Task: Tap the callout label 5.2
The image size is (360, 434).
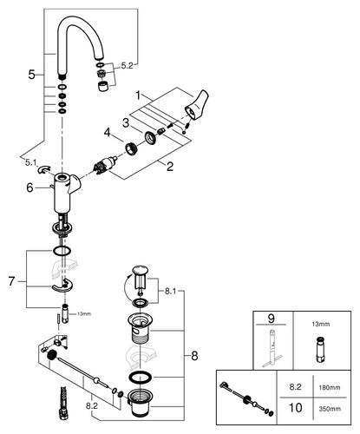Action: coord(127,66)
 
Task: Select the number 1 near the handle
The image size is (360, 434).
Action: coord(138,95)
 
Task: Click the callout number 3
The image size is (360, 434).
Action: coord(125,122)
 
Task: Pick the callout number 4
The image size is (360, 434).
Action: coord(108,133)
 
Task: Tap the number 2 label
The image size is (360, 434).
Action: coord(169,167)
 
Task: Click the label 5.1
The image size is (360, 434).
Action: coord(30,162)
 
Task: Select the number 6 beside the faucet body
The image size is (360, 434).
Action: coord(29,187)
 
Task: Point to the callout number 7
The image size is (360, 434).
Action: coord(11,281)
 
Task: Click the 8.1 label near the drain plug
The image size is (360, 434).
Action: coord(170,292)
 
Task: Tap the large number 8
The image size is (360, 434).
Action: coord(194,356)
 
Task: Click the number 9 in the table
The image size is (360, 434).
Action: coord(271,319)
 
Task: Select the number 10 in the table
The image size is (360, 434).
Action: coord(295,408)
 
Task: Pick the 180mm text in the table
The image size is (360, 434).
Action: coord(329,387)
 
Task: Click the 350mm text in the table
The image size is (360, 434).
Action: coord(330,409)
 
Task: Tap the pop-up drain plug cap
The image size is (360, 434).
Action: coord(140,270)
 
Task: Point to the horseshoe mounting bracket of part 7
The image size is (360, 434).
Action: coord(62,286)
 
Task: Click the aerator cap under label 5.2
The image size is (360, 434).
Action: coord(102,87)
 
